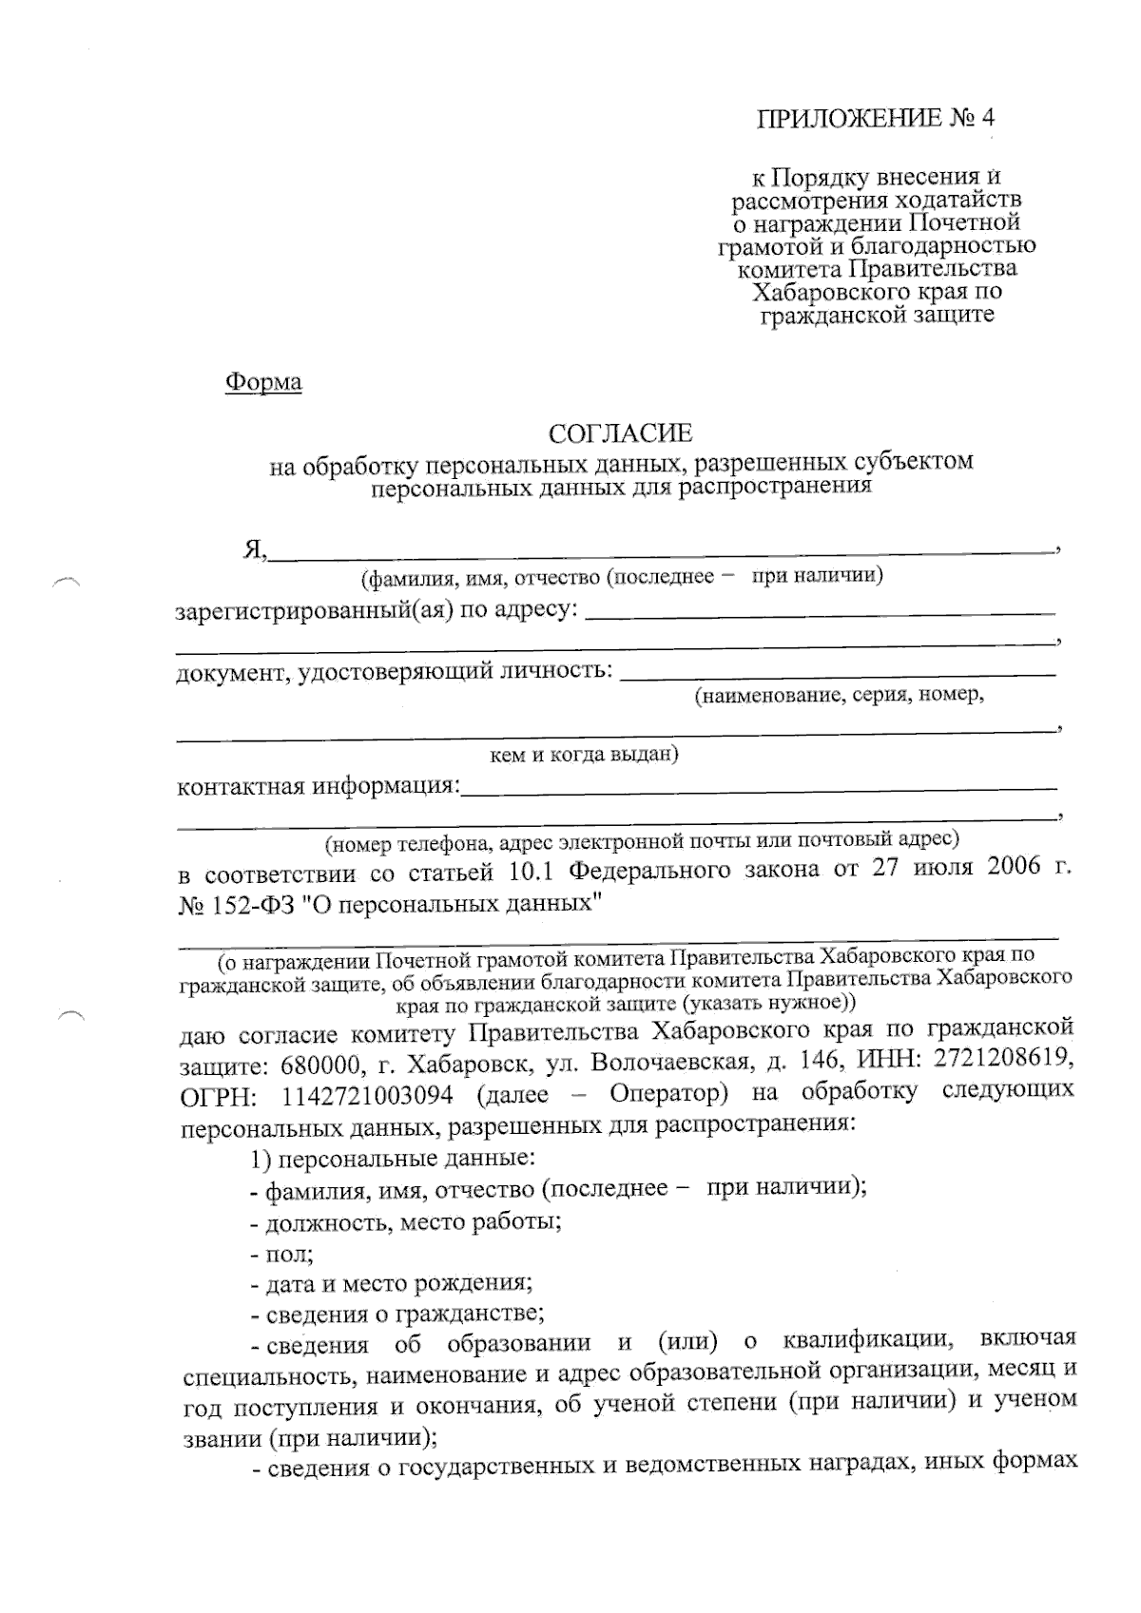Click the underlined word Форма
263,382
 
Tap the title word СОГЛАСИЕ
621,434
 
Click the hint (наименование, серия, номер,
839,696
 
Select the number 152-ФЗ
248,902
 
